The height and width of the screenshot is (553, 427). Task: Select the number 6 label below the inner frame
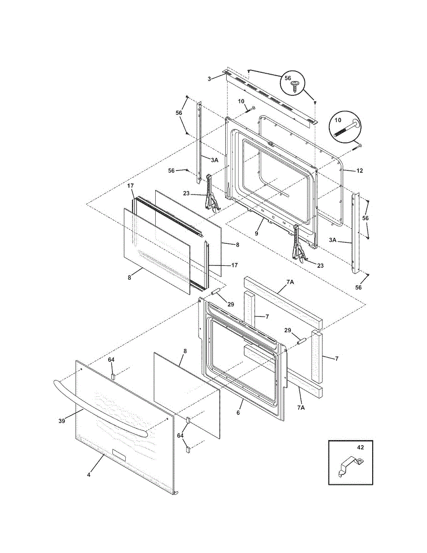tap(238, 412)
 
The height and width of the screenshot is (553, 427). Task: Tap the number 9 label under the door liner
tap(257, 233)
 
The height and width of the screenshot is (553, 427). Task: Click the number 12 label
tap(359, 171)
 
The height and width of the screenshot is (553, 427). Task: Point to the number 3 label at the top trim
tap(209, 79)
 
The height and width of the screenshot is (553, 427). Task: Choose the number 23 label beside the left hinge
tap(186, 194)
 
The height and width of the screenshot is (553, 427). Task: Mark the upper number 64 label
tap(111, 359)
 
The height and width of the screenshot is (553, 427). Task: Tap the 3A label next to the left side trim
tap(214, 160)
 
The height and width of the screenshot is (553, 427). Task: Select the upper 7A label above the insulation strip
tap(290, 282)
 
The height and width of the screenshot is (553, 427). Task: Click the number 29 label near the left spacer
tap(230, 304)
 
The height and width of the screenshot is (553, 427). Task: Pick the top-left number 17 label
tap(130, 186)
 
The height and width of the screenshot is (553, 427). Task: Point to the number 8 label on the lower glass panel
tap(185, 351)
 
